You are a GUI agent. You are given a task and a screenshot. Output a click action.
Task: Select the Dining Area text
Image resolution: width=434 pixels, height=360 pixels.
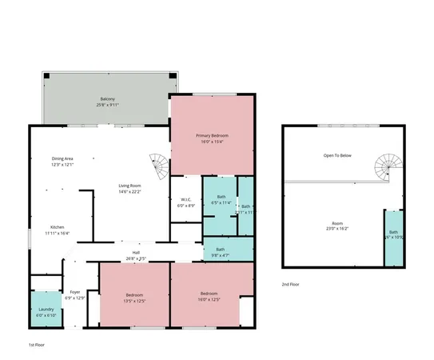click(62, 162)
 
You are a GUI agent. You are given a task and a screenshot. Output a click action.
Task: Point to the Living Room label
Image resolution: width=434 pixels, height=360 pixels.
click(129, 189)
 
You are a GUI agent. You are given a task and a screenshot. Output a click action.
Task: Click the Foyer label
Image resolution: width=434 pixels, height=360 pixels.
click(74, 294)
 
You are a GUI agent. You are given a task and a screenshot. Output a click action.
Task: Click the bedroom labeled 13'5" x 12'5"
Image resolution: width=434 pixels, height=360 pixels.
click(133, 297)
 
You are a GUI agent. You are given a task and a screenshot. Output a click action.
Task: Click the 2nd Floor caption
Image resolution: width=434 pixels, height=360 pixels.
click(291, 284)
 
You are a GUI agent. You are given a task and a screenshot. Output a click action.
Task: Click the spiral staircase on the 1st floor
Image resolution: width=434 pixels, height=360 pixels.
click(160, 166)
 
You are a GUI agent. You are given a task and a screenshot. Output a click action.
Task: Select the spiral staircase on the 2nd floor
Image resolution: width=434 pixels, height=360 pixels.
click(386, 168)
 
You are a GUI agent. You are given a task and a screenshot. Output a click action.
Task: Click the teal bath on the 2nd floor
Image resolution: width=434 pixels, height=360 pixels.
click(393, 238)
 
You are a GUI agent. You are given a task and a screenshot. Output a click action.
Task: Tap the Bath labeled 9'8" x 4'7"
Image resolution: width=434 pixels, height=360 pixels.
click(221, 250)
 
